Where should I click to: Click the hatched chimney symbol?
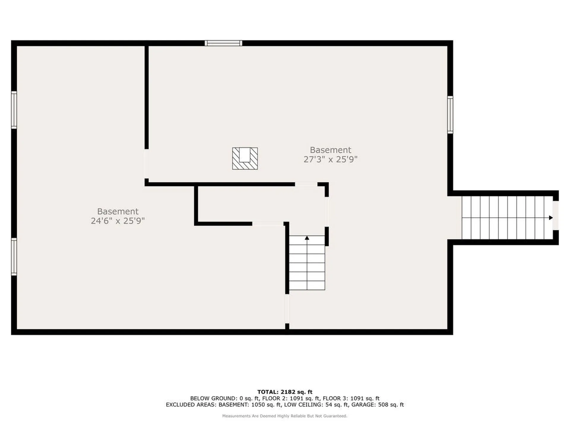click(245, 159)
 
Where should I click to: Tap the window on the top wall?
click(223, 43)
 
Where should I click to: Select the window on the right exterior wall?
click(450, 115)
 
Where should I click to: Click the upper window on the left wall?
click(14, 110)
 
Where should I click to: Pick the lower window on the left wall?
click(14, 257)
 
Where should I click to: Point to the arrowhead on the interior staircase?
click(307, 238)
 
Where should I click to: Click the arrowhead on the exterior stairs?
click(551, 218)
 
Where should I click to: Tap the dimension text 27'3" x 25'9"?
click(330, 160)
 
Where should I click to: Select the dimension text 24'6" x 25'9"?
click(118, 221)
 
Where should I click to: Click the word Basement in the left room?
click(118, 211)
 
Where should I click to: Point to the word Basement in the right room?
click(330, 150)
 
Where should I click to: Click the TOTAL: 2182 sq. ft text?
click(285, 392)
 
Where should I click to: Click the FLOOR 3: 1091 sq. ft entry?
click(351, 398)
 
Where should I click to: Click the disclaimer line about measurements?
click(285, 416)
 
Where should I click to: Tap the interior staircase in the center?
click(307, 263)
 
